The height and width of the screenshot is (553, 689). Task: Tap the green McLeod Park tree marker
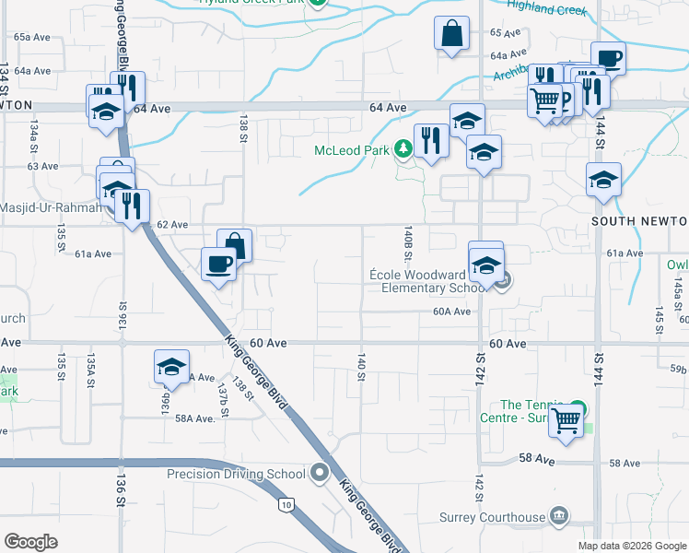coord(403,148)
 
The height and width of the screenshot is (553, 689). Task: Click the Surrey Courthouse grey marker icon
coord(559,515)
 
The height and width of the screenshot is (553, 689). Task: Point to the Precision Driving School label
coord(236,475)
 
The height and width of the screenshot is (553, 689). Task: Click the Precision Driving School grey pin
coord(320,474)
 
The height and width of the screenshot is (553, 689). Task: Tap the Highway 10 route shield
coord(286,504)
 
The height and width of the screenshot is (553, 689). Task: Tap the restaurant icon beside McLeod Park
coord(430,140)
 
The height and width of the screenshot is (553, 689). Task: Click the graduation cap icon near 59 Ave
coord(171,367)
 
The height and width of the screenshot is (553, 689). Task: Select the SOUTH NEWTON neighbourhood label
coord(639,222)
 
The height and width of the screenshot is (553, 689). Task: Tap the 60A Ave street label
coord(452,312)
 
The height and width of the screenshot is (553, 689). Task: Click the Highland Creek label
coord(547,9)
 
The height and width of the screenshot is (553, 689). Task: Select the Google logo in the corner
coord(31,542)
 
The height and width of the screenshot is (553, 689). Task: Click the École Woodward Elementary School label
coord(432,281)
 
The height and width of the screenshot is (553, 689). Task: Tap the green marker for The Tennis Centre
coord(578,406)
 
